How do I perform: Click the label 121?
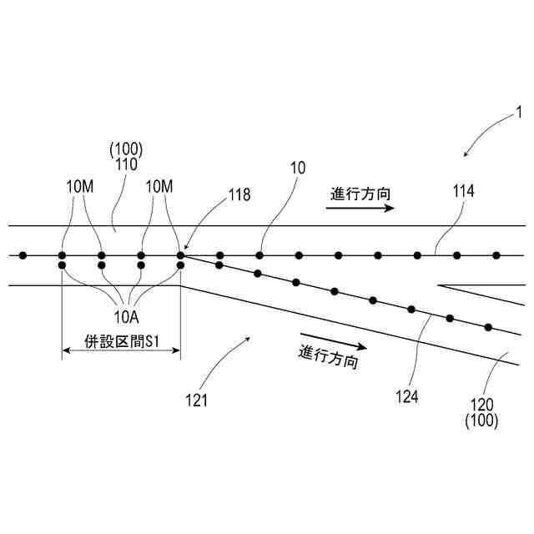click(197, 400)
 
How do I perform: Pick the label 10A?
click(126, 315)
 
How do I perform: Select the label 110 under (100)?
click(127, 166)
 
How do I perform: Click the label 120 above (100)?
click(482, 405)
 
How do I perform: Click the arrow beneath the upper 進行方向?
click(360, 209)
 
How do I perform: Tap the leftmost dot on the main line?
click(23, 254)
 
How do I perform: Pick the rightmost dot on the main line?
click(496, 254)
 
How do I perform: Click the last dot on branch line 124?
click(488, 326)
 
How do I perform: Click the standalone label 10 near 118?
click(298, 169)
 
